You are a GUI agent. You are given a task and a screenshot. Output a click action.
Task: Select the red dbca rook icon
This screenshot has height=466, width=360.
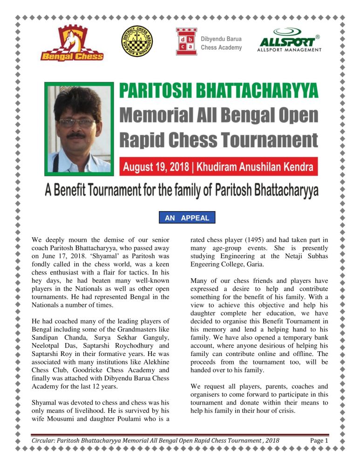pos(186,41)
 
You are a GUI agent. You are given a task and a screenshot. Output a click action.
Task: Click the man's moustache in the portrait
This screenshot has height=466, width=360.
pos(76,136)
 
